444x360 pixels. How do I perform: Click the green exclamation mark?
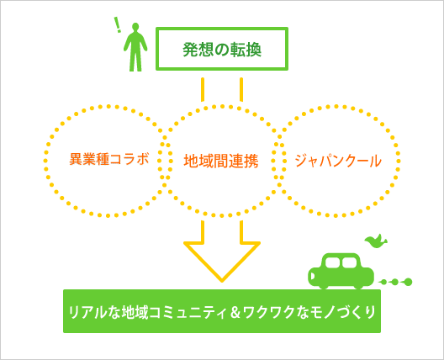(117, 24)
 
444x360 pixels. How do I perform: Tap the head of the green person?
(135, 26)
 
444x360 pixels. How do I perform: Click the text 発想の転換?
(222, 50)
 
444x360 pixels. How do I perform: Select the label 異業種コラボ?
(109, 159)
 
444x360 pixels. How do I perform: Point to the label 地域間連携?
(221, 161)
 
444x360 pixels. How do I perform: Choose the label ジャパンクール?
(338, 161)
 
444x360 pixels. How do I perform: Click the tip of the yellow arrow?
(222, 282)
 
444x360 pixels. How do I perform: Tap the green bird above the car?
(376, 241)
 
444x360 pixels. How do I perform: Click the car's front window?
(332, 262)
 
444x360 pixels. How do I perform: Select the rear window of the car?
(350, 262)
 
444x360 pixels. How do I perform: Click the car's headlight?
(312, 276)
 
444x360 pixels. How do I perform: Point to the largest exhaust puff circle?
(409, 282)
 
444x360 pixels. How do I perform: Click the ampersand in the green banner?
(235, 311)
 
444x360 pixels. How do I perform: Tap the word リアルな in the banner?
(94, 312)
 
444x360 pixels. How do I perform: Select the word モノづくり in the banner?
(343, 312)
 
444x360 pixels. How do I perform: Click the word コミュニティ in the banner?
(188, 312)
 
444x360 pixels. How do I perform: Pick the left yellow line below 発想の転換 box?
(203, 89)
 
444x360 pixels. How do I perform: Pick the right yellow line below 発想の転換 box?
(241, 89)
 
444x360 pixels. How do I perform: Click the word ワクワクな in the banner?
(276, 312)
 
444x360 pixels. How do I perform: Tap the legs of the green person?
(135, 61)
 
